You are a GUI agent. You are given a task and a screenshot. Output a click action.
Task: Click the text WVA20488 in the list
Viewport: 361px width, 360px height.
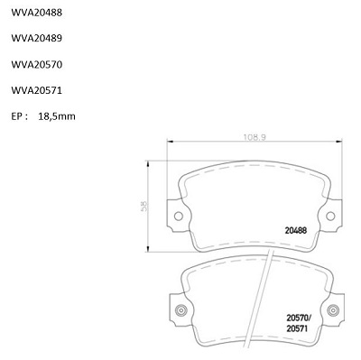click(37, 13)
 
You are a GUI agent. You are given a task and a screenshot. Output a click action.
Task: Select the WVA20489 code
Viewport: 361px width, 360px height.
click(37, 38)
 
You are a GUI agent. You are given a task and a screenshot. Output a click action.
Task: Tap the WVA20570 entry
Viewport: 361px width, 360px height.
click(37, 64)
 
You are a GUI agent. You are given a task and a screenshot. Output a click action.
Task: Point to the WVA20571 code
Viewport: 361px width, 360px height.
click(37, 90)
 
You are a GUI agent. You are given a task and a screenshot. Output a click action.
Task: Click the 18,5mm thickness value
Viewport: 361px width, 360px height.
click(57, 116)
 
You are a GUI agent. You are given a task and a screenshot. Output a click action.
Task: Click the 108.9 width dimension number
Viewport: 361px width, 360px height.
click(255, 137)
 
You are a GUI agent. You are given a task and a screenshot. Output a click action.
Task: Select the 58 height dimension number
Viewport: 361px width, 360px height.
click(144, 206)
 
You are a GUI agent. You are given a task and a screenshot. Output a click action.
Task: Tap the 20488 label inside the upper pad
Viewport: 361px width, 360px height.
click(296, 231)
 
